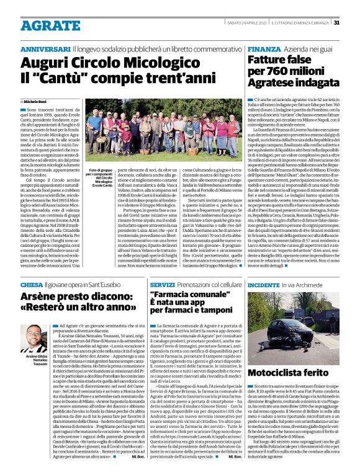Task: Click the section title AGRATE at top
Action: (x=48, y=24)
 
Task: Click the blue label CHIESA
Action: (x=32, y=285)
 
